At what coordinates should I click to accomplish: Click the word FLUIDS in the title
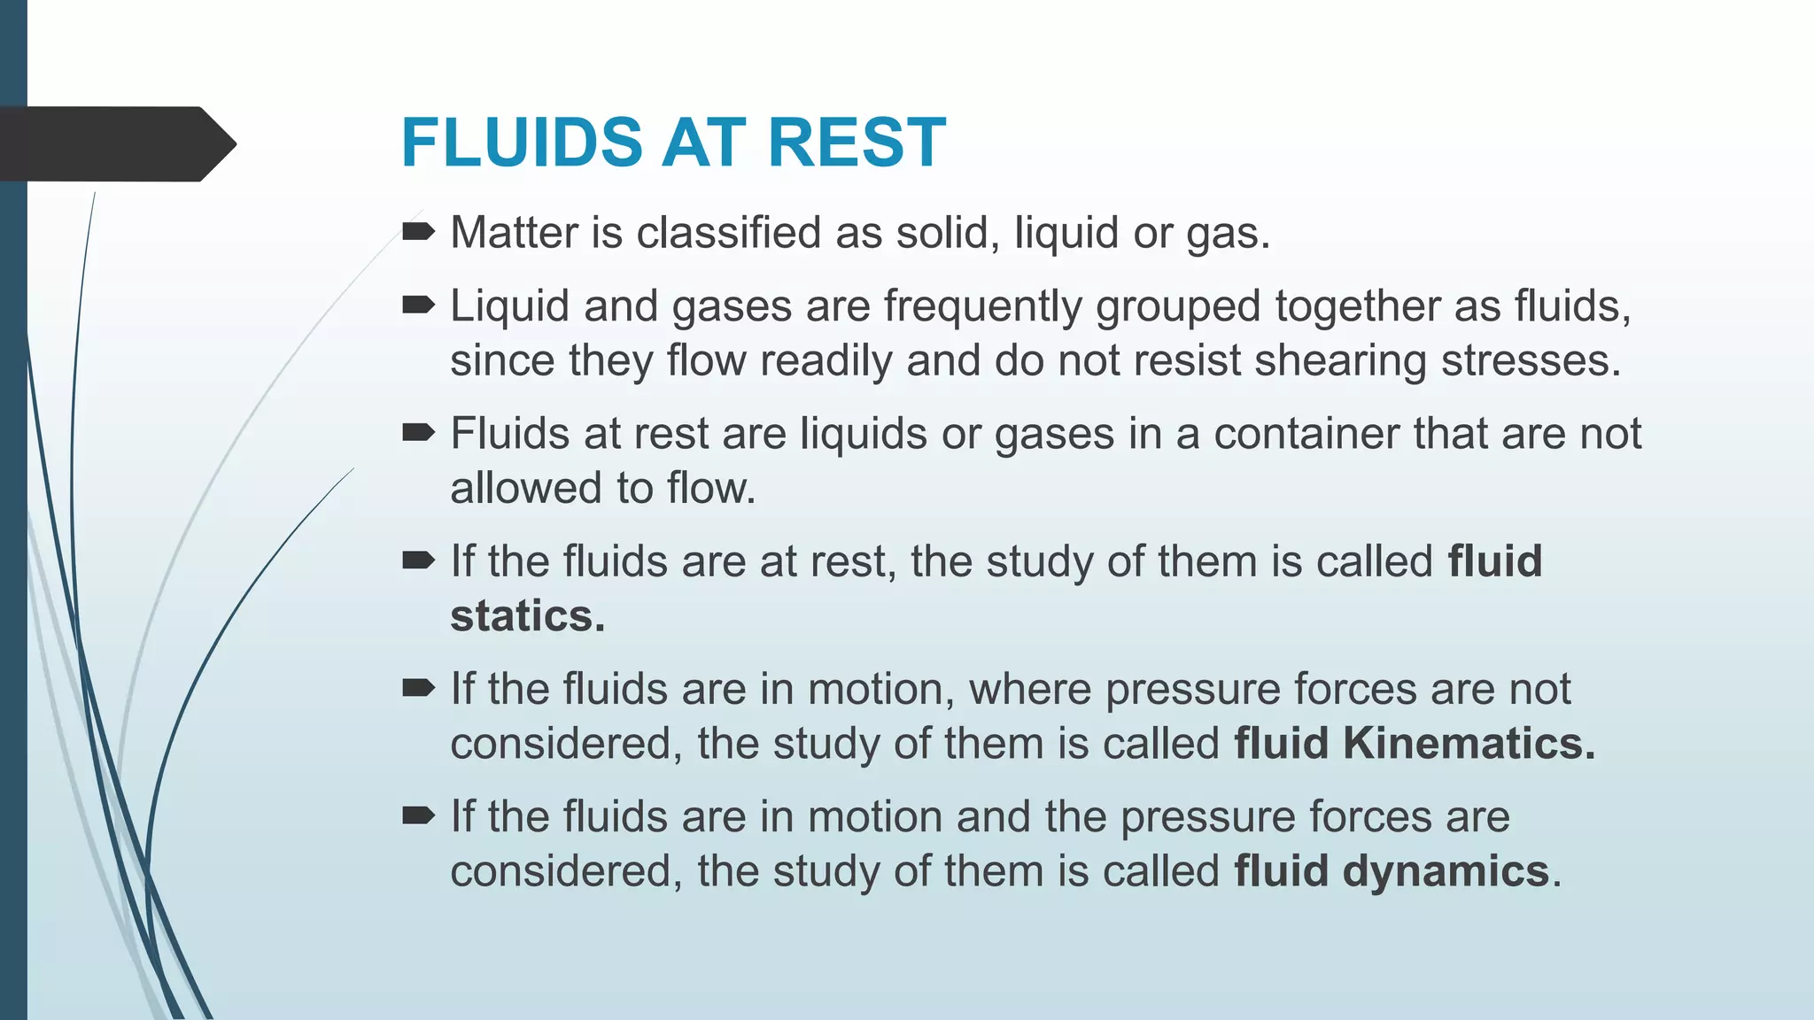[521, 143]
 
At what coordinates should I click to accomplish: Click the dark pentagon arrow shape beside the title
[115, 144]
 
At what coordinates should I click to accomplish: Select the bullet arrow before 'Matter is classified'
[418, 232]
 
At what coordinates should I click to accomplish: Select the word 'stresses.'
[1531, 361]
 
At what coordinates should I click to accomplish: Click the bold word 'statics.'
[527, 616]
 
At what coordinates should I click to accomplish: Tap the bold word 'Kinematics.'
[1469, 744]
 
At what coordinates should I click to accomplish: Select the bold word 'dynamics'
[1446, 872]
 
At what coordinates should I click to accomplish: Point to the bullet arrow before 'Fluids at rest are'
[418, 433]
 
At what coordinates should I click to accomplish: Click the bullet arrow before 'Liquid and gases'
[418, 305]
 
